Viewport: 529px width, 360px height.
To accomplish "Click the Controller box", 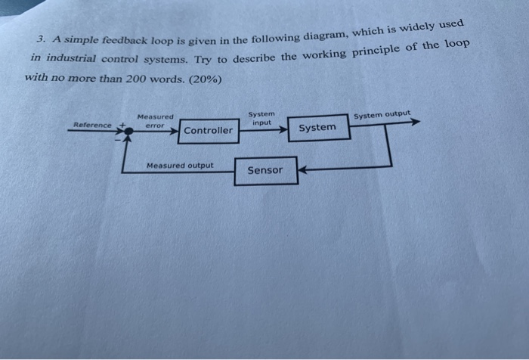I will click(x=209, y=130).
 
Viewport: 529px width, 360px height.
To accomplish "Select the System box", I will click(x=317, y=127).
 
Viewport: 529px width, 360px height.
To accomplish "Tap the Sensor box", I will click(x=264, y=170).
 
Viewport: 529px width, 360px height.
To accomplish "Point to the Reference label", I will click(x=91, y=125).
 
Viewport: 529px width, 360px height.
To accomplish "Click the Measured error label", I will click(x=155, y=121).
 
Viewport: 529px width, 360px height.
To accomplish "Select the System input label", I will click(x=261, y=118).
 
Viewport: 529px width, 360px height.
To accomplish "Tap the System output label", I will click(x=382, y=115).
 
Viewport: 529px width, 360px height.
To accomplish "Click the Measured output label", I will click(x=180, y=165).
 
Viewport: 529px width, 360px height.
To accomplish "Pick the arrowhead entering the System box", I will click(x=283, y=129).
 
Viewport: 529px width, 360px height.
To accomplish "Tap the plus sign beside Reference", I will click(x=119, y=124).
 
